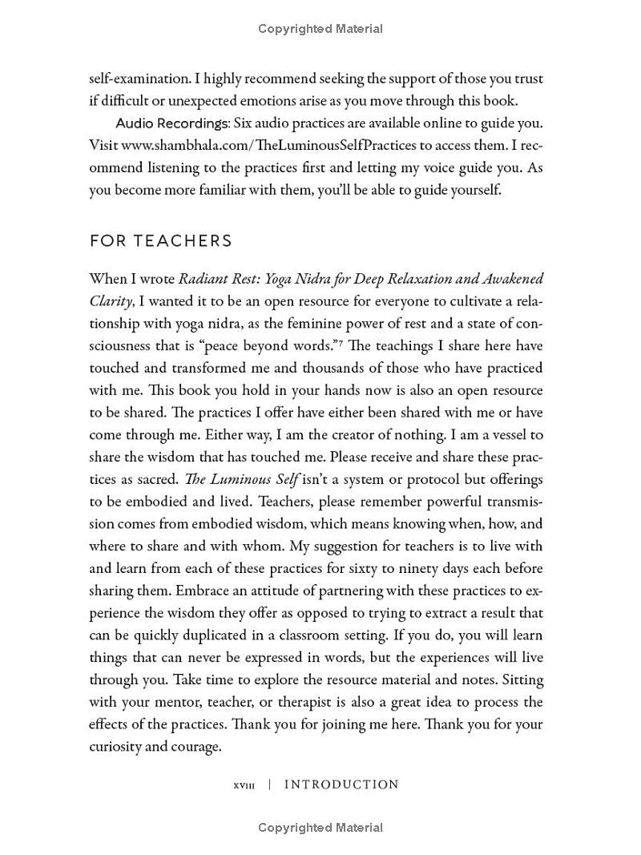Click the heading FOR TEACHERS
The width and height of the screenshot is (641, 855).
pos(161,240)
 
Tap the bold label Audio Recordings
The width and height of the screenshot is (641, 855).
pos(171,123)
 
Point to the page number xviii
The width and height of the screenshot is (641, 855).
pos(244,785)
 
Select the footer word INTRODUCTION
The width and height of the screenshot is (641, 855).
pos(341,784)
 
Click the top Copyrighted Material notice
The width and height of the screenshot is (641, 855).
pos(320,29)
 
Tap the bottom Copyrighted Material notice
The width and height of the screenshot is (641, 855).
pos(320,828)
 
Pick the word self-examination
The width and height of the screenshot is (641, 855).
pos(140,79)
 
